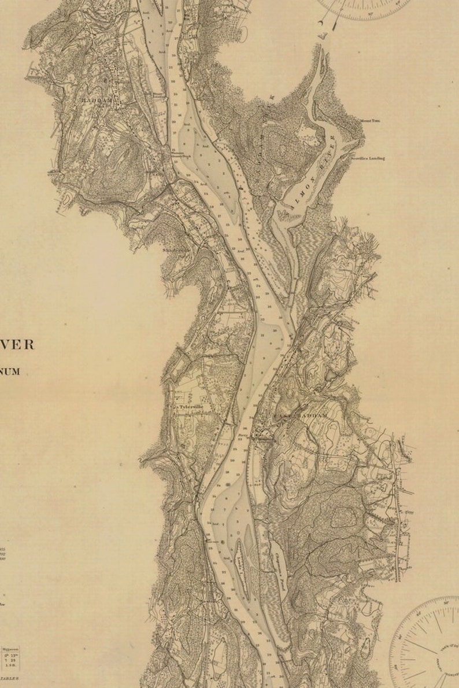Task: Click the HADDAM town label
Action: click(x=96, y=100)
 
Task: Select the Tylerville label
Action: click(x=191, y=407)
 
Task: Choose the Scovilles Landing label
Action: click(x=368, y=158)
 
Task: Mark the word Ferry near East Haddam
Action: click(x=243, y=431)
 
